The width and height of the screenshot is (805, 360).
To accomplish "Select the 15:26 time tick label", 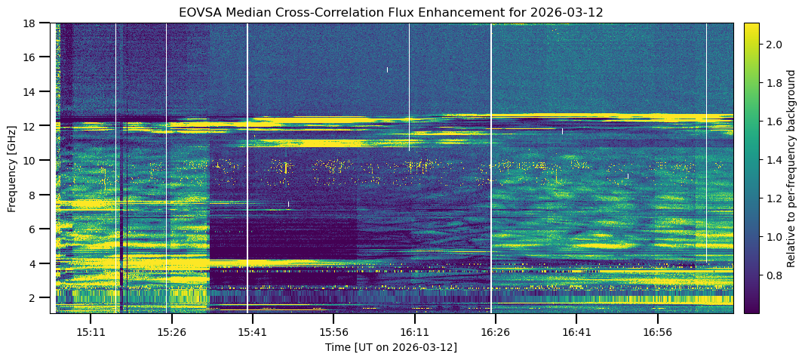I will click(171, 332).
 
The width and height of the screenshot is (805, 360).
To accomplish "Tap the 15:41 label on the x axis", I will click(252, 332).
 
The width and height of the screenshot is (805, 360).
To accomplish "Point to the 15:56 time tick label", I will click(333, 332).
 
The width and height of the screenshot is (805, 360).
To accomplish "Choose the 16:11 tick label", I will click(414, 332).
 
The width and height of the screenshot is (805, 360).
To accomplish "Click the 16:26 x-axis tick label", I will click(495, 332).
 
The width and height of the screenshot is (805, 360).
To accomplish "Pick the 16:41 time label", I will click(576, 332).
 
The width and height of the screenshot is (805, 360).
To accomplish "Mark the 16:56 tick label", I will click(657, 332).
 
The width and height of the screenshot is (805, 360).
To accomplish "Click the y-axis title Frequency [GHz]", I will click(12, 168).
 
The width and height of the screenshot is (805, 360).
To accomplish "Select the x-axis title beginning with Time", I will click(391, 347).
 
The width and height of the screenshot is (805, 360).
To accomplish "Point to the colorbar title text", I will click(791, 168).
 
